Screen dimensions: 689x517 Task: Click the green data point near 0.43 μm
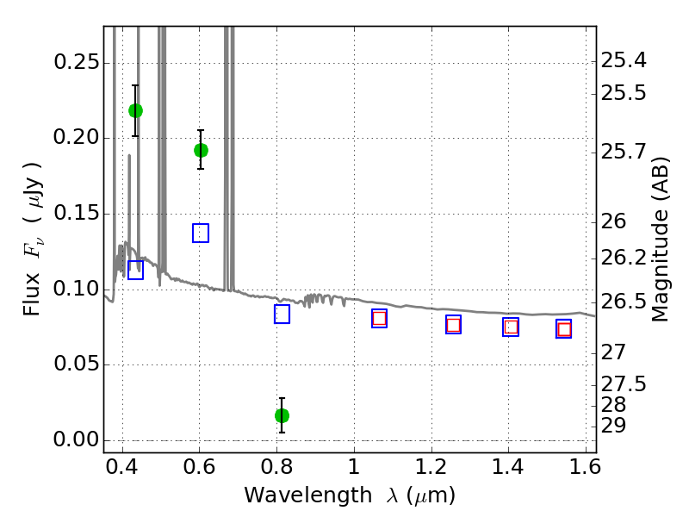[x=135, y=111]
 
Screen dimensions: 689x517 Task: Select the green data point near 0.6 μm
[x=201, y=150]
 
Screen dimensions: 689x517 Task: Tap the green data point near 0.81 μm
[x=282, y=415]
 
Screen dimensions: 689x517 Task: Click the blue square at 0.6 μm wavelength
[x=201, y=233]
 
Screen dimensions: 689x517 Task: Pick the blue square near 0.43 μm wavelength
[x=135, y=270]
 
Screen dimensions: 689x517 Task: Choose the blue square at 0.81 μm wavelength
[x=282, y=315]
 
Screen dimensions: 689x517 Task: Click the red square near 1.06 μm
[x=379, y=318]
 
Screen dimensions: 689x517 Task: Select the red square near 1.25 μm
[x=454, y=326]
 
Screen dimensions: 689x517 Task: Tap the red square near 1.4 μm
[x=511, y=327]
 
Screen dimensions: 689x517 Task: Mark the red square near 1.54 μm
[x=564, y=329]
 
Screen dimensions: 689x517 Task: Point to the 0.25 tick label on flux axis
[x=77, y=62]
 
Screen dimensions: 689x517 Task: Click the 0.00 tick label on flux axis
[x=77, y=439]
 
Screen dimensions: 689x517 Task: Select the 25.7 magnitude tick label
[x=624, y=153]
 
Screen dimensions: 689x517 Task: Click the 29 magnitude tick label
[x=613, y=426]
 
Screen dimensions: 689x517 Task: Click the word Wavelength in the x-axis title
[x=308, y=495]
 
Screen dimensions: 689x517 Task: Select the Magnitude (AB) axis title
[x=659, y=240]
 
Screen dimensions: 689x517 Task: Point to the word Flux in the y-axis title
[x=32, y=295]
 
